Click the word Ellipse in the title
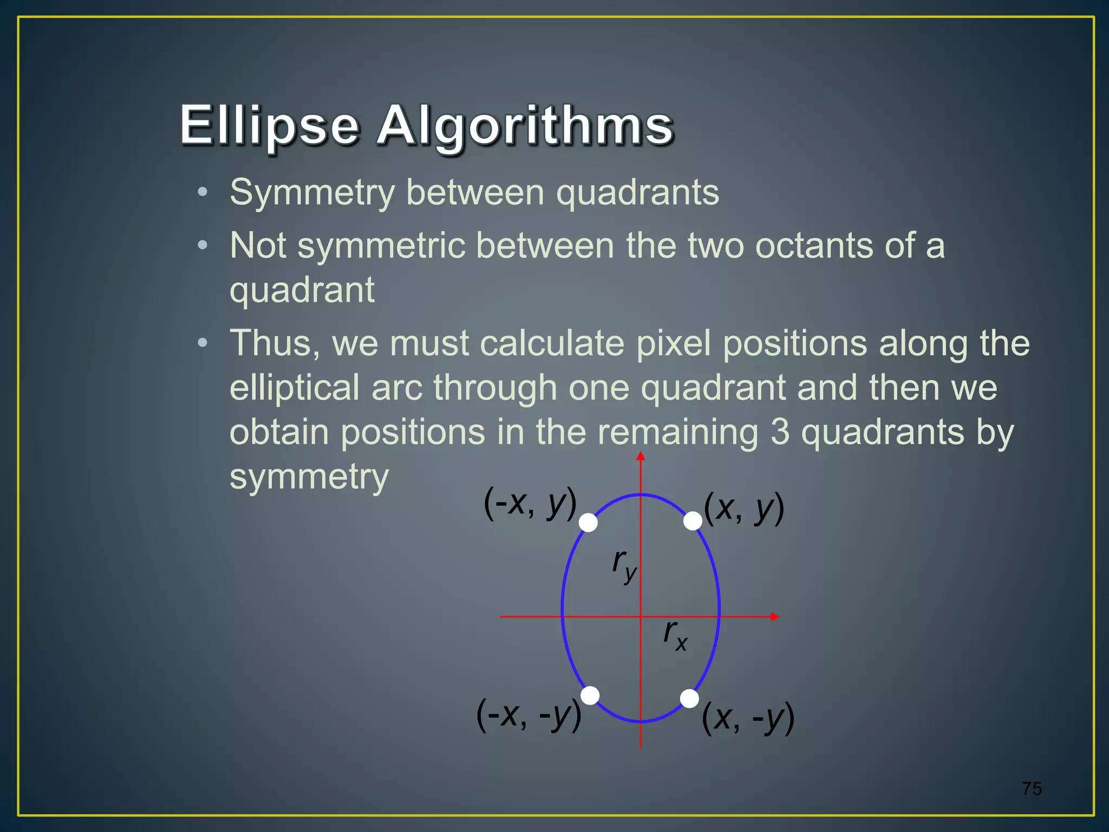[269, 126]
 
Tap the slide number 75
[1032, 789]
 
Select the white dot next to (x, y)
[693, 521]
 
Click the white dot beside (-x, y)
[589, 523]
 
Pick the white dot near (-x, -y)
[590, 695]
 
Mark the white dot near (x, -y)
[689, 699]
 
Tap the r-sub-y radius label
[624, 564]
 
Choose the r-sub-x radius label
[675, 635]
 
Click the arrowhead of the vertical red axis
[641, 456]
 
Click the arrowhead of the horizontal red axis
[775, 616]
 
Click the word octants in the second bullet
[814, 246]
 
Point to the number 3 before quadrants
[780, 432]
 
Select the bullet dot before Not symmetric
[203, 246]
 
